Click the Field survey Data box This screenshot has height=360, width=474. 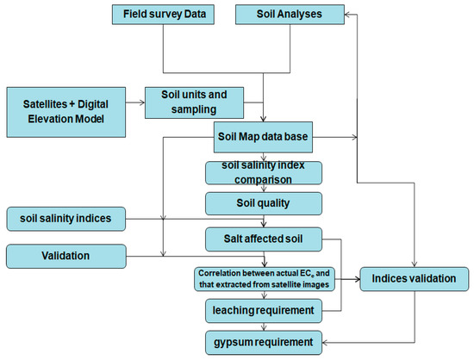[162, 15]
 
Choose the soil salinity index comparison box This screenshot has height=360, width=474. [262, 172]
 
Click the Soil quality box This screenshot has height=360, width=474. [262, 204]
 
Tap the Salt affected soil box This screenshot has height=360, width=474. [262, 236]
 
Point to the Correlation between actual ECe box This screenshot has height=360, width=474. [262, 276]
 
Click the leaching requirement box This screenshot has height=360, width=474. [262, 307]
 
